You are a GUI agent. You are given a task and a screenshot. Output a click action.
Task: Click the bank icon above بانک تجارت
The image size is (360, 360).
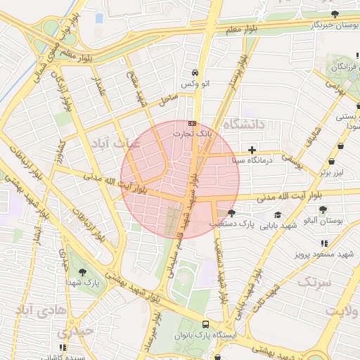pos(193,123)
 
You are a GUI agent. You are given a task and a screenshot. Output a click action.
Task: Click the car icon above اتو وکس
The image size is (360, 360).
pos(195,73)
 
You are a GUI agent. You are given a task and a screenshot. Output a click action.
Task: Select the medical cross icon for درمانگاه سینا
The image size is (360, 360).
pos(252,150)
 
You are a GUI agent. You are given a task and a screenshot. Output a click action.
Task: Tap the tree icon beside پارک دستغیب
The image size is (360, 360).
pos(231,213)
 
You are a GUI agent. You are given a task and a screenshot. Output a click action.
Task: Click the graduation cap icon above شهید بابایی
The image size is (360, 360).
pos(278,214)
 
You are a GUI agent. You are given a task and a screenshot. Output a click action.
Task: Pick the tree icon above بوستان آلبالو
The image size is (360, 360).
pos(323,210)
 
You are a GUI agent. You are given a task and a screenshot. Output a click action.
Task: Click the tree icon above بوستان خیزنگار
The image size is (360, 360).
pos(334,14)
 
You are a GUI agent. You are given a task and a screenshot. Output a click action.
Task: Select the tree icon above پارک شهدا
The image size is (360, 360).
pos(83,271)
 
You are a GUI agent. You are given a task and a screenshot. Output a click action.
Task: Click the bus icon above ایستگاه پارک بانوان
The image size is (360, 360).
pos(205,324)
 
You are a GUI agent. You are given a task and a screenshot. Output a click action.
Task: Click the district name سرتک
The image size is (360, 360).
pos(314,281)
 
